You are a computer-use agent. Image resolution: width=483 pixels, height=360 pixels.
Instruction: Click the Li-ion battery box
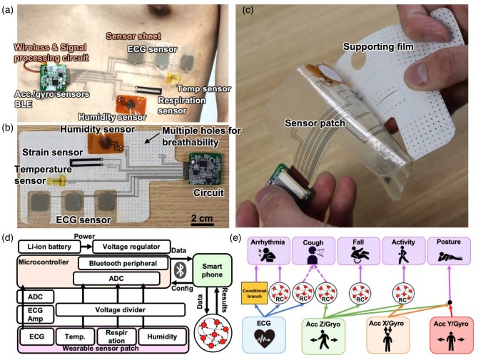point(48,246)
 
